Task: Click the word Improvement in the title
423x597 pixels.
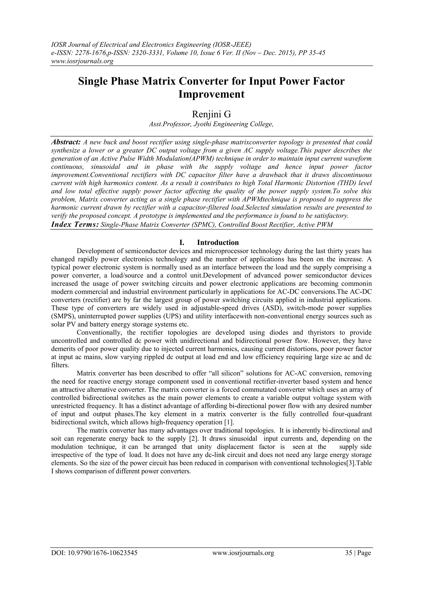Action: (x=211, y=94)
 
